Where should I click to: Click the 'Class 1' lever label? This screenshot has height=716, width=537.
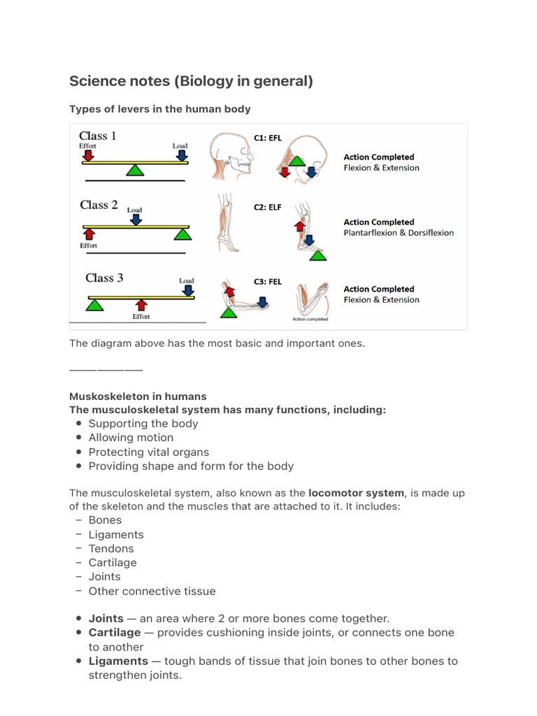(98, 136)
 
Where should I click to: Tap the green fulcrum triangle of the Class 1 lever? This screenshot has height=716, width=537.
(135, 171)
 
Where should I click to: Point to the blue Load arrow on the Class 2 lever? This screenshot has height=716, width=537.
(136, 219)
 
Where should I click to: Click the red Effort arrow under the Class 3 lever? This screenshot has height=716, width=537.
(141, 305)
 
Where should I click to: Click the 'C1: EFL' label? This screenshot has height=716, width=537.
(268, 138)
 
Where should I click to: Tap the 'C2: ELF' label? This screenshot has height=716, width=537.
(268, 208)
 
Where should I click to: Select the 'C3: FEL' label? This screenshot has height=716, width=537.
(268, 282)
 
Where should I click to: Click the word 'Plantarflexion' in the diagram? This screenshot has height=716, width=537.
(370, 233)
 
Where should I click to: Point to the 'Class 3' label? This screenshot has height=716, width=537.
(104, 278)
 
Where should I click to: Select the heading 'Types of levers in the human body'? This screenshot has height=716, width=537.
(159, 109)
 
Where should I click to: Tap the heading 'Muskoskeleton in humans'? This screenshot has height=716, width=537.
(138, 396)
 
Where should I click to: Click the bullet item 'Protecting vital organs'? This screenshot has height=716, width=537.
(148, 452)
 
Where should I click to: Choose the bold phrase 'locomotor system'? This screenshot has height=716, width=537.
(356, 493)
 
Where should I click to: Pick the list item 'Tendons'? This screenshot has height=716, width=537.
(110, 548)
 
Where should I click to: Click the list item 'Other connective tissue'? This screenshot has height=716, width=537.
(152, 591)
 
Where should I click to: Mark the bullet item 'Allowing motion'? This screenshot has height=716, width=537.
(131, 438)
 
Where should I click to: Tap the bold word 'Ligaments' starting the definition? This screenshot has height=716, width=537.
(118, 661)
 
